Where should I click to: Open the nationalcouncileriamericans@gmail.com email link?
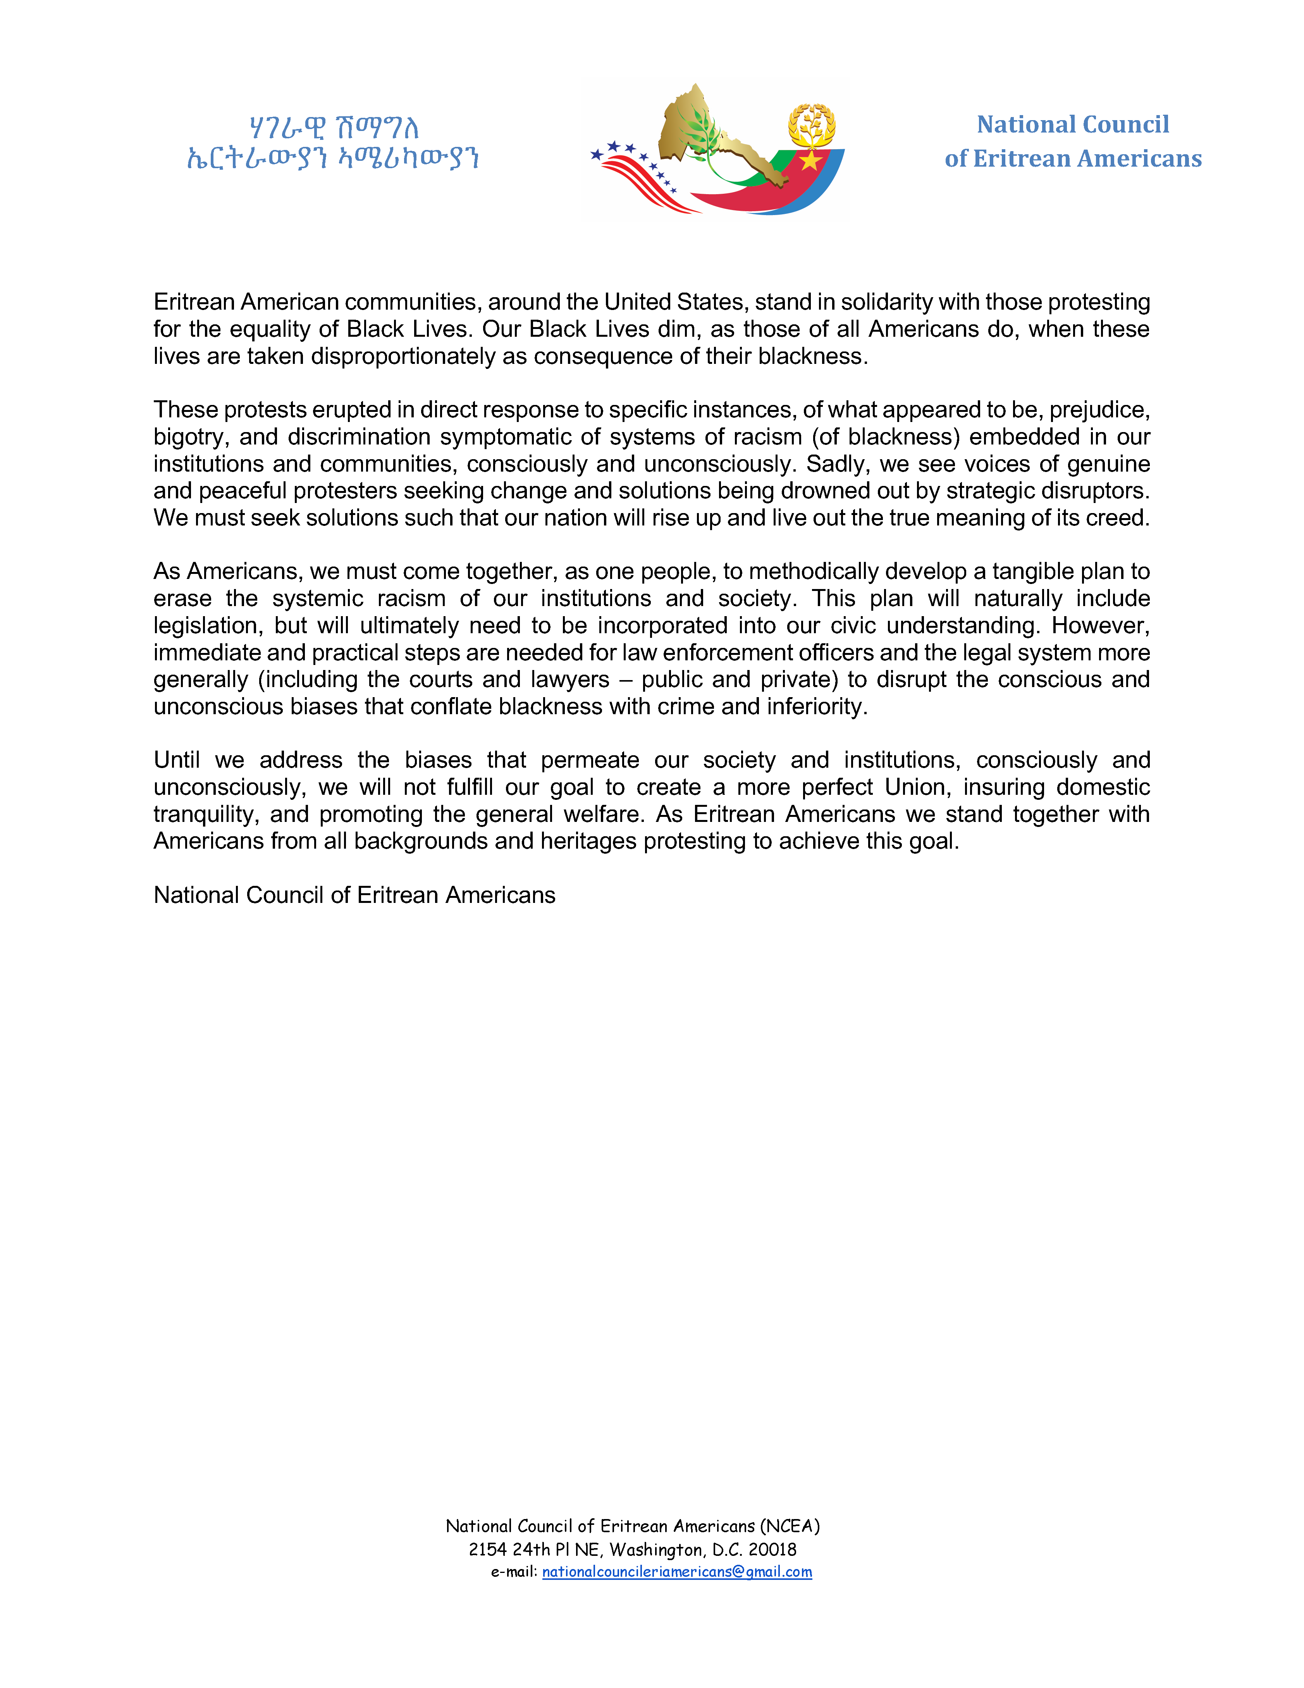pos(677,1571)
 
